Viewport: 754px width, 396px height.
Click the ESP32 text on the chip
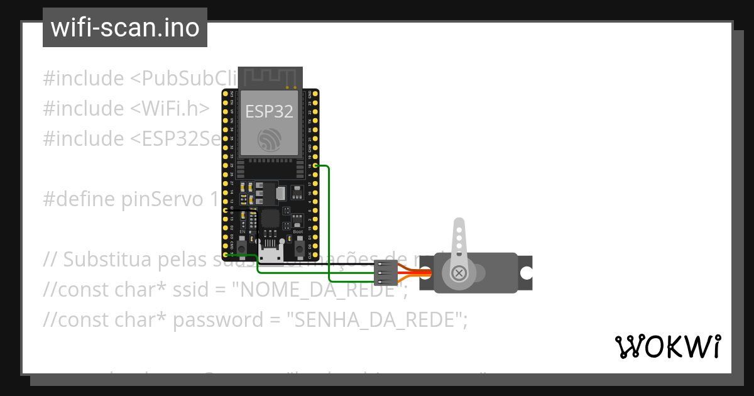click(269, 111)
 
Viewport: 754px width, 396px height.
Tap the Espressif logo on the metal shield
click(270, 138)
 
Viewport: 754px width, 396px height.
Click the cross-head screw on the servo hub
click(459, 273)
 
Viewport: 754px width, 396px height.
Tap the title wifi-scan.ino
click(124, 28)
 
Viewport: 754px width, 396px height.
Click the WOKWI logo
click(667, 346)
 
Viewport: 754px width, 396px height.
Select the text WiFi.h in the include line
click(170, 109)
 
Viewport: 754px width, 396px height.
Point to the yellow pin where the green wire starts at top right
click(315, 165)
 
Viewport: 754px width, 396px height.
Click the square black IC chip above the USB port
click(270, 219)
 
